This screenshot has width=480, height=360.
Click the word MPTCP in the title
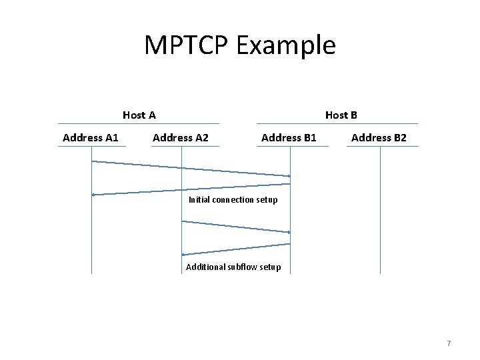point(183,45)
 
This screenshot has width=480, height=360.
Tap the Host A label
point(139,115)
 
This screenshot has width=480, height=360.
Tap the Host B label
point(341,115)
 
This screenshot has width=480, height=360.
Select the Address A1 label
point(90,138)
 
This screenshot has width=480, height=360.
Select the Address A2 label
point(181,138)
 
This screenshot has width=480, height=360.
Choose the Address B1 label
point(289,138)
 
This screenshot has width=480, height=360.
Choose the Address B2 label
point(379,138)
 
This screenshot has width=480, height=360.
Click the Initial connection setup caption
point(233,200)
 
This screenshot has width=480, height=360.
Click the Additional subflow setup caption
point(233,267)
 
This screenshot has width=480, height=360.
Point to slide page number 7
point(449,343)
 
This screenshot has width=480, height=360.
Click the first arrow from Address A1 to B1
point(191,169)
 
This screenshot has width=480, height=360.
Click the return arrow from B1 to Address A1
point(191,189)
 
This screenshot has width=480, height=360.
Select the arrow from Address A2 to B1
point(236,227)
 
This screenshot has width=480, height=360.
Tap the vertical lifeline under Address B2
point(380,213)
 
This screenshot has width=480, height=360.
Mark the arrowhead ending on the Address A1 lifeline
point(94,195)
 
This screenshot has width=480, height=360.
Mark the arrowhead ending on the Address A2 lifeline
point(184,255)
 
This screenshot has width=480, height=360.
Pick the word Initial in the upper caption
point(199,200)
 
